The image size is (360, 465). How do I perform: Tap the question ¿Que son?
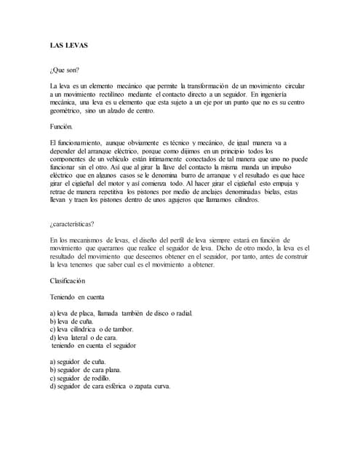click(x=64, y=70)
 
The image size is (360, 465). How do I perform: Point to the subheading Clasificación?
click(x=72, y=280)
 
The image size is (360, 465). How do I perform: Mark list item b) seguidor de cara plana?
click(x=92, y=370)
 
